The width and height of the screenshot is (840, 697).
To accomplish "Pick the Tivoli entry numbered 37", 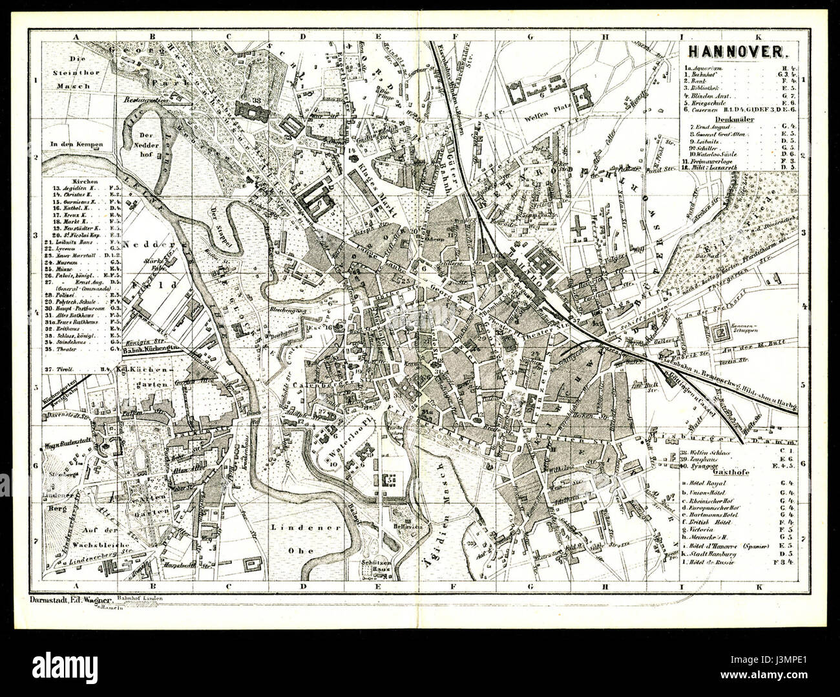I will (65, 369).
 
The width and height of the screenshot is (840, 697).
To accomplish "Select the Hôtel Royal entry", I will (709, 483).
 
